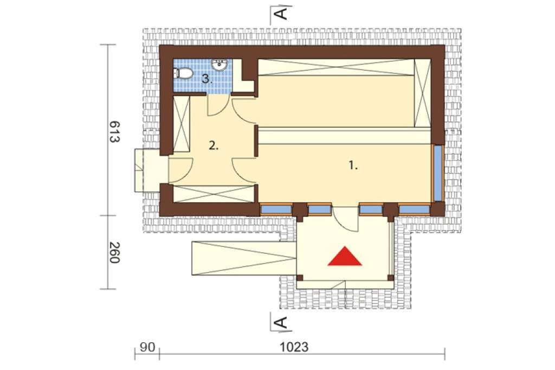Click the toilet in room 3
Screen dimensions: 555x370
[x=184, y=73]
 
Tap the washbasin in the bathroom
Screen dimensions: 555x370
[x=219, y=65]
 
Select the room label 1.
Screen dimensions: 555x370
[x=353, y=165]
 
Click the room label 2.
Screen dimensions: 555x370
[x=214, y=145]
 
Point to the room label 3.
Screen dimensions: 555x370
[x=207, y=79]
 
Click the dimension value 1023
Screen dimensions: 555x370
[x=294, y=347]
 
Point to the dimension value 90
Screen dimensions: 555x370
[x=147, y=347]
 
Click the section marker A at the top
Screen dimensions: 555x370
[x=281, y=14]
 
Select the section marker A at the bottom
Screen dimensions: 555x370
[x=281, y=322]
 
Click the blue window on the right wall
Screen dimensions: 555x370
[x=438, y=173]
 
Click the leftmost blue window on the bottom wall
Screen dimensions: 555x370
[x=276, y=210]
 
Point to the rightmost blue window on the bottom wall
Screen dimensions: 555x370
[x=414, y=210]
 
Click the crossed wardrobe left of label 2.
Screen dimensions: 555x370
[x=182, y=124]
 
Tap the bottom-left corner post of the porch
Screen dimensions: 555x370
[x=300, y=278]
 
